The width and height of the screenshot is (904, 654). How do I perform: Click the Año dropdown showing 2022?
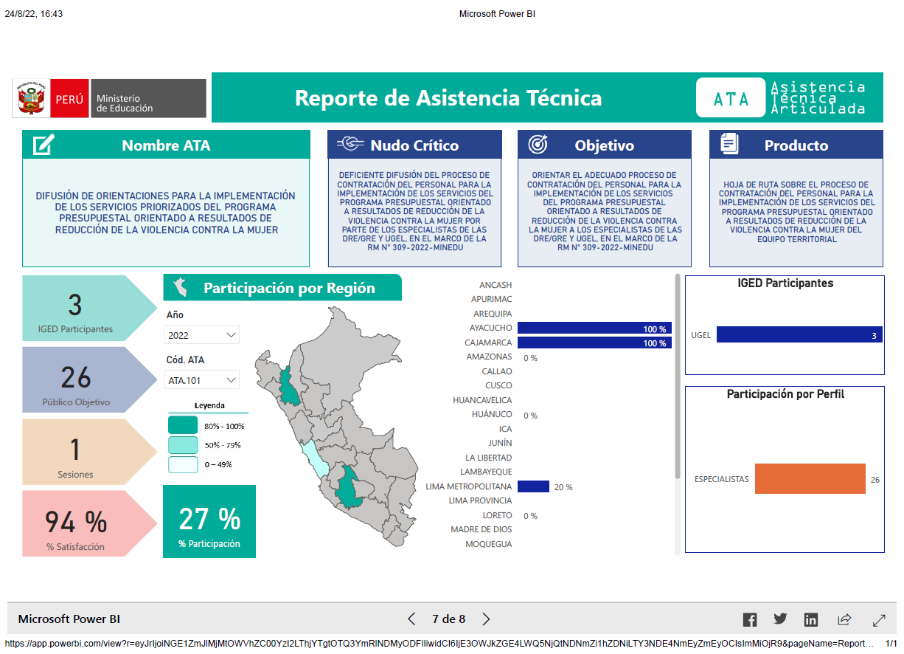point(202,335)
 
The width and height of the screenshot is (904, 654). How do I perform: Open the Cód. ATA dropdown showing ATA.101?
point(202,380)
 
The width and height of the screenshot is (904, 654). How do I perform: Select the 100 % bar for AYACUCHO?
point(594,328)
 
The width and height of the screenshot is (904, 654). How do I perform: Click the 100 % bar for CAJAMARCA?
point(594,343)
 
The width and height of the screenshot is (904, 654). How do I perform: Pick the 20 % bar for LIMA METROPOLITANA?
point(533,486)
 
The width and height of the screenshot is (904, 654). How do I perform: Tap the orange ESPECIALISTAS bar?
point(810,478)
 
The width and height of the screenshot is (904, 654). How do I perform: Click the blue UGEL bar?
point(799,335)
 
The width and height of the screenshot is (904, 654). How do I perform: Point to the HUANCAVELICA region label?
point(482,400)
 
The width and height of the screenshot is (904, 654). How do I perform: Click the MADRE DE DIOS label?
point(481,529)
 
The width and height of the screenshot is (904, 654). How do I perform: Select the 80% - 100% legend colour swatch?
point(183,425)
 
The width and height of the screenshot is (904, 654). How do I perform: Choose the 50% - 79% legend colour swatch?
point(183,445)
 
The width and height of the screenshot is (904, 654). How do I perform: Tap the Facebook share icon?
point(750,619)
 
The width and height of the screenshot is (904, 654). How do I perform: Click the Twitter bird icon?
point(780,619)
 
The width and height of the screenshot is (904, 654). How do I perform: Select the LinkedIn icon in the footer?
point(811,619)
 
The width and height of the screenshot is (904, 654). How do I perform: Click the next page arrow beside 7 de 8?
point(487,619)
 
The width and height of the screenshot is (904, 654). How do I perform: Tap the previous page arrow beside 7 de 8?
point(411,619)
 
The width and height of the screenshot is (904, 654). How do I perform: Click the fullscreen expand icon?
point(879,620)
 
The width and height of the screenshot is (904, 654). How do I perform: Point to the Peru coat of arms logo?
point(31,98)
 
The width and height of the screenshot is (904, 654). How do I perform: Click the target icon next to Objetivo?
point(538,144)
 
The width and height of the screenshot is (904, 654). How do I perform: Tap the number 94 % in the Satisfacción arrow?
point(76,522)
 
